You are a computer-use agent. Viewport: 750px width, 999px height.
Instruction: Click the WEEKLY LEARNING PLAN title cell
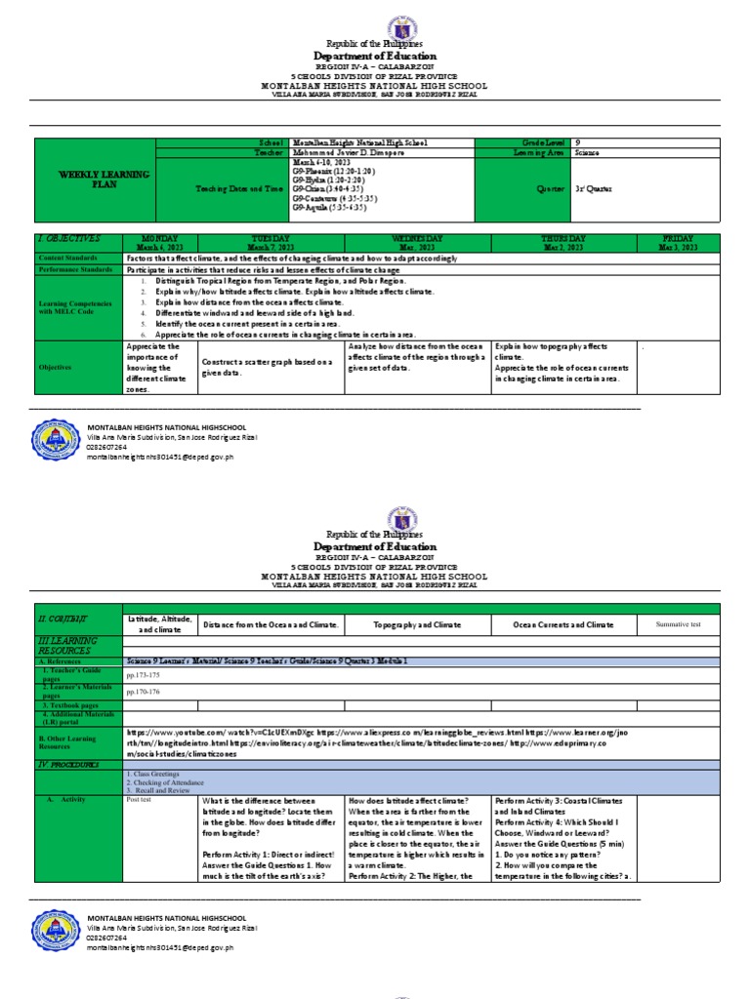(94, 179)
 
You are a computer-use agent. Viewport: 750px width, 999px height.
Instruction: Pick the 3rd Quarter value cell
(593, 189)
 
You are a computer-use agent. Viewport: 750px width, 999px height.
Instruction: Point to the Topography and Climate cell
(417, 623)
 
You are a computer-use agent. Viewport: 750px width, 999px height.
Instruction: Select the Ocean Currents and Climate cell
(564, 623)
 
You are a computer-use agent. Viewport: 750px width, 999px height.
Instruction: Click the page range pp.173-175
(143, 674)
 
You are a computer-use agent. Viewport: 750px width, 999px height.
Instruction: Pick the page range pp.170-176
(143, 691)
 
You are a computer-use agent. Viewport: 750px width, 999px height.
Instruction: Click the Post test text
(140, 799)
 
